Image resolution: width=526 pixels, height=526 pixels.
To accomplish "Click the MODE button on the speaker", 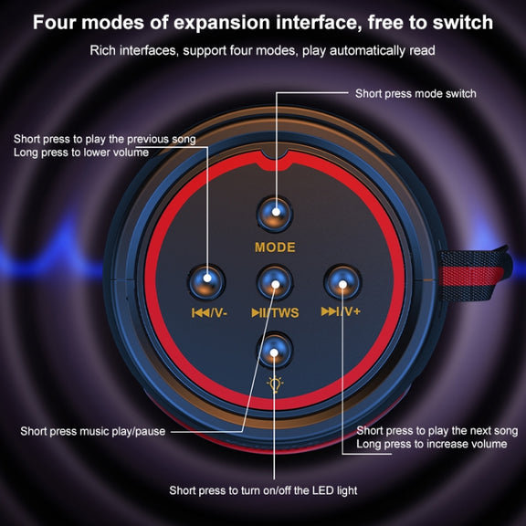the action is tap(275, 214).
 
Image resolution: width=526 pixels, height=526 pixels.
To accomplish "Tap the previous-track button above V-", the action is tap(206, 282).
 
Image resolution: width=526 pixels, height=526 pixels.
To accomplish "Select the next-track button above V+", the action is tap(342, 281).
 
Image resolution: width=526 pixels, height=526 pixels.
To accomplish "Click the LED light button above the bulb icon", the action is tap(274, 350).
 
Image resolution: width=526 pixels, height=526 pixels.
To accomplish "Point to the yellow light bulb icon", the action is tap(275, 384).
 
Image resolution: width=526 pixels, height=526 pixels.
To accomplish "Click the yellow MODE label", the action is tap(275, 247).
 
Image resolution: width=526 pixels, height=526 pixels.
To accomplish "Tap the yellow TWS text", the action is tap(285, 313).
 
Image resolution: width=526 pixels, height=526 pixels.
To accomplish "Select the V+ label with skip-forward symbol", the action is tap(341, 311).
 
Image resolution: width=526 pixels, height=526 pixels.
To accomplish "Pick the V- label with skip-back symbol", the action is tap(209, 313).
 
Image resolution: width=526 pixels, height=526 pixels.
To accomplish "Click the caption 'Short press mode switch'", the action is tap(416, 93).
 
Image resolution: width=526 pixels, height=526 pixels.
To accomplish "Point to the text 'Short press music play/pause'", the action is tap(93, 431).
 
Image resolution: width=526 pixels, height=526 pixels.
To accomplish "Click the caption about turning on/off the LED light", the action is tap(263, 490).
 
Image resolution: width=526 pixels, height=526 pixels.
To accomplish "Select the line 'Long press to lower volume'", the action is tap(81, 153).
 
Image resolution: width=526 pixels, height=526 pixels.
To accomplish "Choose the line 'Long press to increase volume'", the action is tap(432, 444).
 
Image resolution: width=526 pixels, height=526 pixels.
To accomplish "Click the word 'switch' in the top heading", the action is tap(463, 23).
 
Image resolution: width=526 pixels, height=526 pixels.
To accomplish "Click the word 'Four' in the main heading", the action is tap(55, 23).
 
